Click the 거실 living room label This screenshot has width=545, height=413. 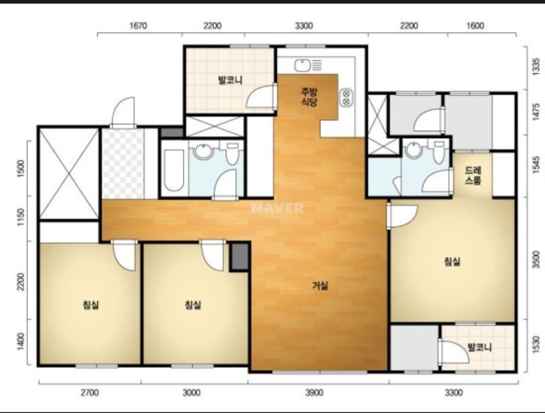click(320, 286)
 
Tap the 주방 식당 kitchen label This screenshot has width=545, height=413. click(310, 97)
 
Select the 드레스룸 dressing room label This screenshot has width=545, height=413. click(473, 175)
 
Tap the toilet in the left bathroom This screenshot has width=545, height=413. click(232, 153)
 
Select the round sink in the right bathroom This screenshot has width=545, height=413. click(414, 149)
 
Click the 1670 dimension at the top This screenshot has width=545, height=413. click(138, 26)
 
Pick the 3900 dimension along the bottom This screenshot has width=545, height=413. click(314, 393)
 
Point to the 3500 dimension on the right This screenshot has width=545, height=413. click(536, 259)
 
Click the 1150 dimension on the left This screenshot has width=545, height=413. click(21, 218)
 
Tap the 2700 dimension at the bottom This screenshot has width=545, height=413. click(90, 393)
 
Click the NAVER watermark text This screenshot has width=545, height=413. click(277, 208)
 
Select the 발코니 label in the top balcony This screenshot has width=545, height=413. click(230, 80)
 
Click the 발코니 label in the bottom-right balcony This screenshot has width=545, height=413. click(480, 347)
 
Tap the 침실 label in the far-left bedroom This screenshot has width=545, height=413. click(91, 305)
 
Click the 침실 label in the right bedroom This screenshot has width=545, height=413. click(452, 261)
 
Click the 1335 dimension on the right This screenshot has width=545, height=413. click(536, 67)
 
